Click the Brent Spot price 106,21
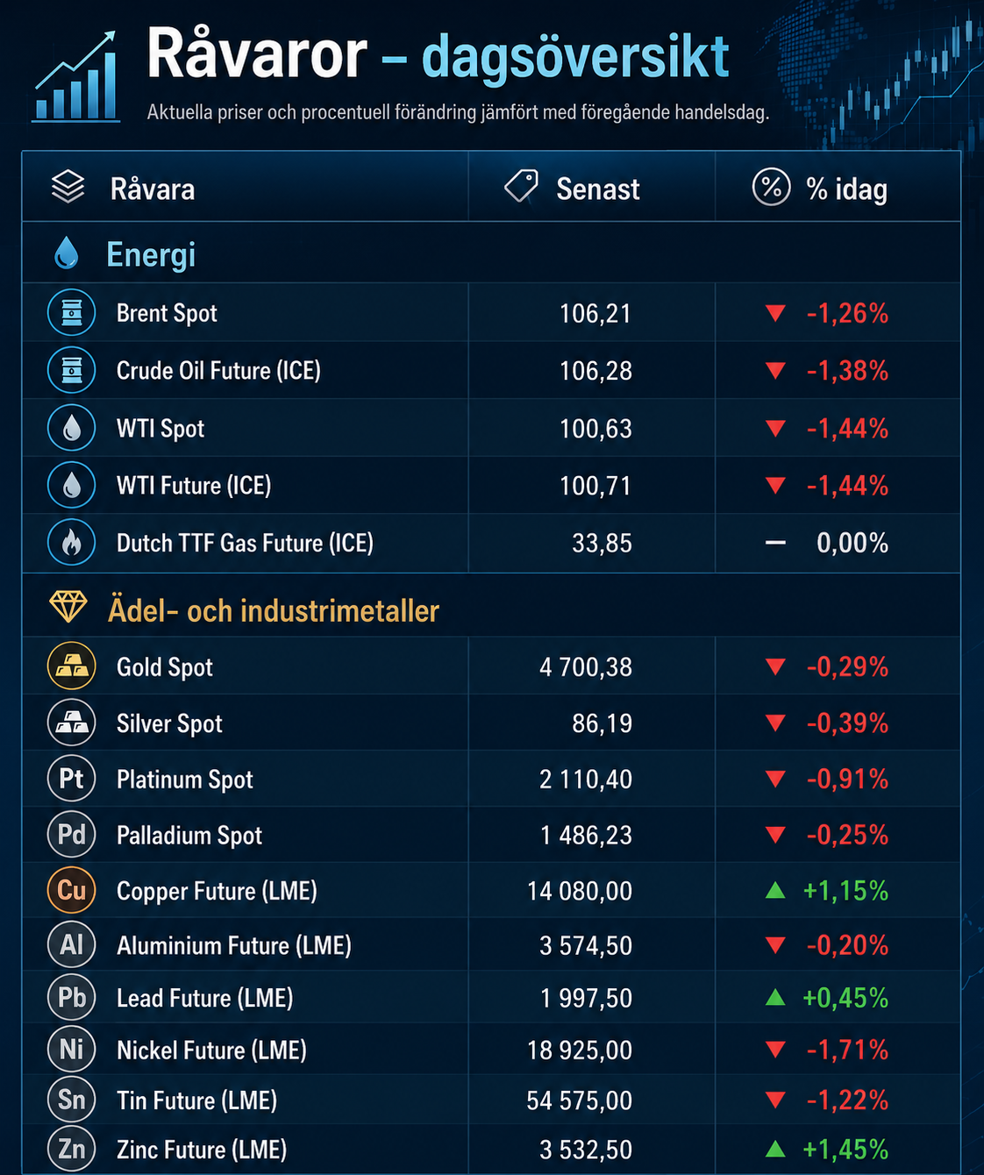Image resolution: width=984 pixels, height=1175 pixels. [x=595, y=313]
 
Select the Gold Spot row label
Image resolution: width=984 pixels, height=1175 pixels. [x=164, y=667]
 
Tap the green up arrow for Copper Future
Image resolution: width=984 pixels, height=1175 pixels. [x=775, y=890]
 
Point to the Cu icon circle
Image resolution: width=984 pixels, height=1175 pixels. [x=72, y=890]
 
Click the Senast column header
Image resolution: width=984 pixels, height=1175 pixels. [x=598, y=189]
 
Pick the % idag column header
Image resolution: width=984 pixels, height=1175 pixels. [x=846, y=189]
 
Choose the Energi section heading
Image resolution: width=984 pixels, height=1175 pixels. [x=151, y=255]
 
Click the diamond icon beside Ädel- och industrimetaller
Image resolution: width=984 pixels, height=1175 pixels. [x=68, y=607]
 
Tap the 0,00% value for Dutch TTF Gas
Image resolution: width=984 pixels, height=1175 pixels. [x=852, y=543]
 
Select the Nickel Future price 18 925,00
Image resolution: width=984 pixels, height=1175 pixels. [x=579, y=1050]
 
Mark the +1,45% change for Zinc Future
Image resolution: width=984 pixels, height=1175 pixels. [x=845, y=1149]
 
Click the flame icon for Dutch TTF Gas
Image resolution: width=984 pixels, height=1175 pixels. [x=72, y=543]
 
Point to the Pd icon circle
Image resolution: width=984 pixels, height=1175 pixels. [x=72, y=835]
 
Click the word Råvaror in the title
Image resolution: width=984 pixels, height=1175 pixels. [x=257, y=55]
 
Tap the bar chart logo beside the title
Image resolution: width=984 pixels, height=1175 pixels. [x=76, y=77]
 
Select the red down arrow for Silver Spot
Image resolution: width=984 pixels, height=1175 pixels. [x=775, y=723]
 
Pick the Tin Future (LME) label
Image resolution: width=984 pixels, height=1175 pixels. [x=197, y=1100]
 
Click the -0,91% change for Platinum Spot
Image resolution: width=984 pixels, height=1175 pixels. [x=847, y=780]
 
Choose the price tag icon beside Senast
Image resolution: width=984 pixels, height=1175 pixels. [x=521, y=186]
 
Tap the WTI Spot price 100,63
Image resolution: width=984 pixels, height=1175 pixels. [x=595, y=429]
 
